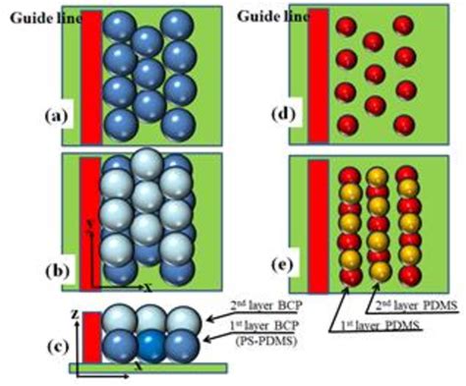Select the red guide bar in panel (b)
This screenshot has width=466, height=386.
coord(90,221)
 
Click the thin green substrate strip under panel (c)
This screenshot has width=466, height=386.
coord(147,368)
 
